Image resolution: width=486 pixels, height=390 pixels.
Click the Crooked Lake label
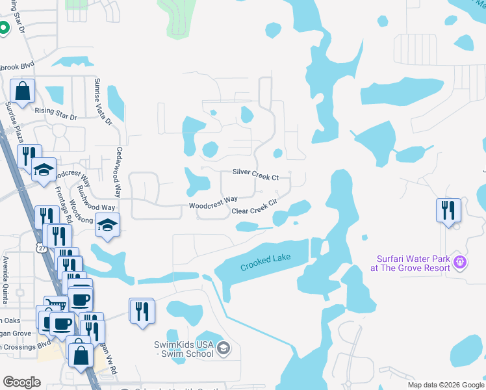(265, 263)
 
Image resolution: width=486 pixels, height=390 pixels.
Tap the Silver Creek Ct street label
(256, 177)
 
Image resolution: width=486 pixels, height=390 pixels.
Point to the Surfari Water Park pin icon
(460, 263)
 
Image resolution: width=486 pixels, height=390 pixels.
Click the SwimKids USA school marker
(224, 348)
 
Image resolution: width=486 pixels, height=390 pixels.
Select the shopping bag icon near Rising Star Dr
(22, 92)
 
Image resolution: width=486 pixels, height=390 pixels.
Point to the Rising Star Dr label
(56, 114)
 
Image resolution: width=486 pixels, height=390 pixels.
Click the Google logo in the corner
(22, 382)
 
